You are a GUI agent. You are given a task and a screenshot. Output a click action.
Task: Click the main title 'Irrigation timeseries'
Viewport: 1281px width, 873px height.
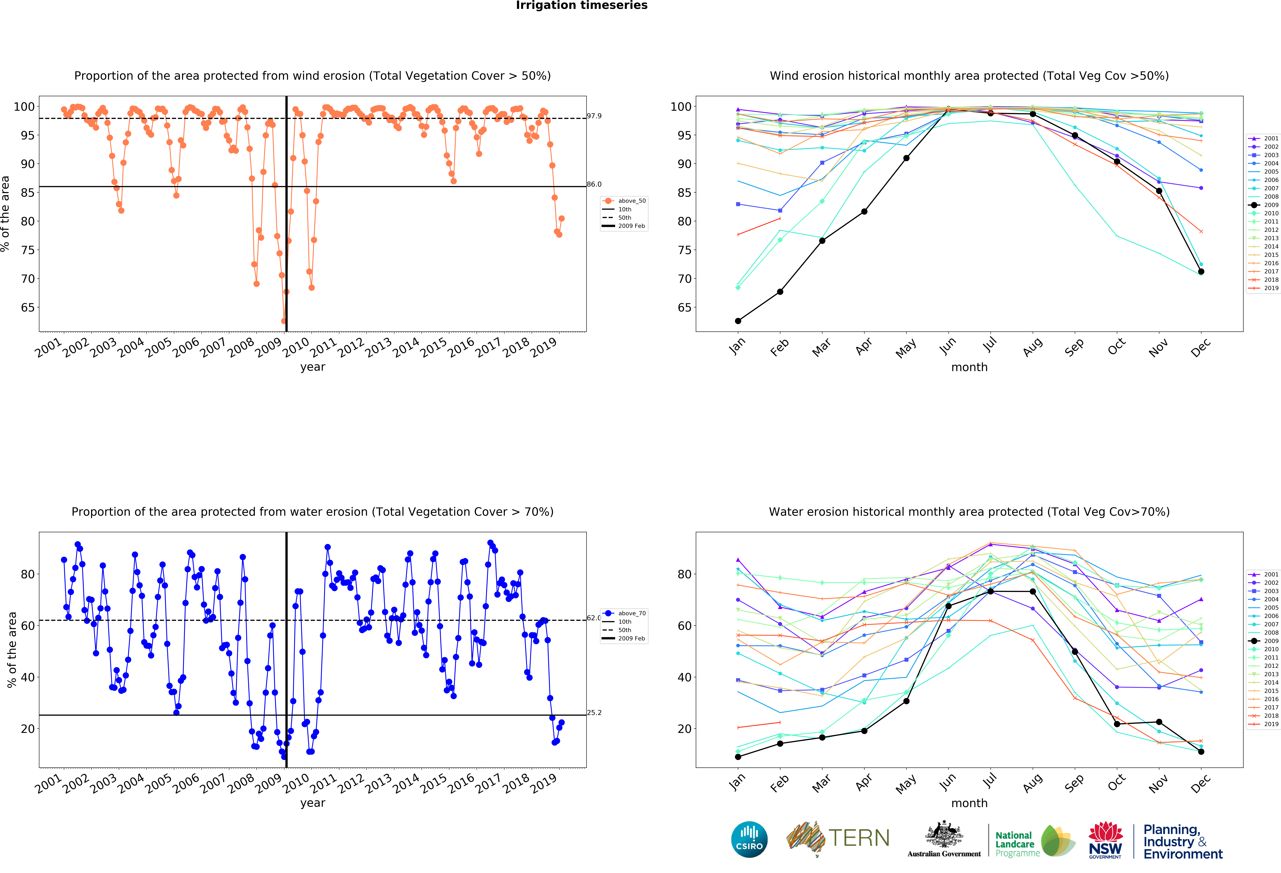[x=582, y=5]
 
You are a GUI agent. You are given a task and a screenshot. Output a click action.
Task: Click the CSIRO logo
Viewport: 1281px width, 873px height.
[x=749, y=839]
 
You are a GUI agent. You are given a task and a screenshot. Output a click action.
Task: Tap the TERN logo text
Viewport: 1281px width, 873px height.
[x=859, y=838]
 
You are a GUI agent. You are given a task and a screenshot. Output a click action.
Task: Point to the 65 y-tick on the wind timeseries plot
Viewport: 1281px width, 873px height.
[x=28, y=308]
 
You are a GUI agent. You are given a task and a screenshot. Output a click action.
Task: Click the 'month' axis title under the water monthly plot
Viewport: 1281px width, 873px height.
[x=969, y=803]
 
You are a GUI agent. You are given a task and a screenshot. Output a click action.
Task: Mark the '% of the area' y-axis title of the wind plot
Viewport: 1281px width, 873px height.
[x=5, y=214]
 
